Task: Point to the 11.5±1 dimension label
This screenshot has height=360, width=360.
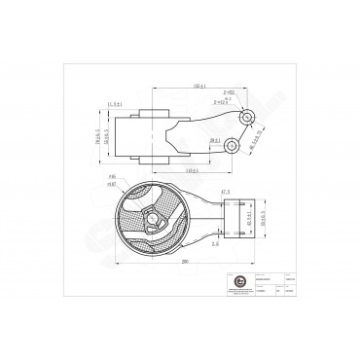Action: click(120, 104)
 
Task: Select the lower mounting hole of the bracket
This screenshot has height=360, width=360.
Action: click(232, 147)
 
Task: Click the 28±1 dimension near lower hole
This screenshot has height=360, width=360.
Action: click(211, 141)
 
